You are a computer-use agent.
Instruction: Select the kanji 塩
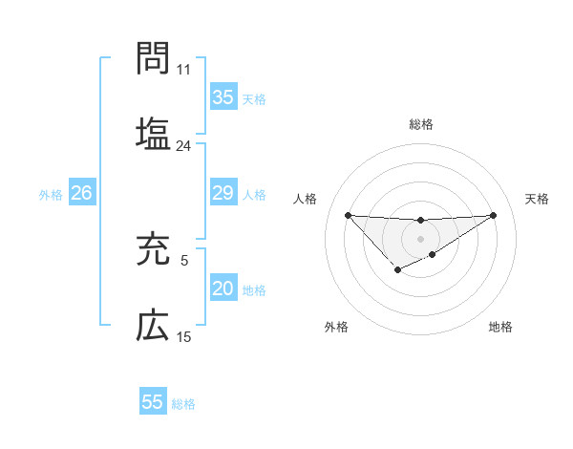(x=153, y=131)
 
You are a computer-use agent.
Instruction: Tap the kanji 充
(x=153, y=249)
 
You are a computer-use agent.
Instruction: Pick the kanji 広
(x=153, y=326)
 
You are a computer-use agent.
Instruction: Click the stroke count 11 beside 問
(x=183, y=70)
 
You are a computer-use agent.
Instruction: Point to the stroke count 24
(x=183, y=146)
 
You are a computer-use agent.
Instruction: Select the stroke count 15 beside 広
(x=183, y=337)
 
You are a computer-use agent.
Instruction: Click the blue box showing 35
(x=223, y=97)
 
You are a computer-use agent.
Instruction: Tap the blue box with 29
(x=223, y=193)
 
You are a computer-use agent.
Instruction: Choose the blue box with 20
(x=223, y=289)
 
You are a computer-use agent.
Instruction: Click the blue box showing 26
(x=81, y=193)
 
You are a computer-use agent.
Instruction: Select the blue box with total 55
(x=153, y=402)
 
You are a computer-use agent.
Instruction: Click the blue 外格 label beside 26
(x=51, y=194)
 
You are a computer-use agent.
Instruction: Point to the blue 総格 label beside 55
(x=183, y=403)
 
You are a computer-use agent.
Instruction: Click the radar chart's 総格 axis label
(x=420, y=124)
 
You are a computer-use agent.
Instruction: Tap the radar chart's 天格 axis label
(x=537, y=199)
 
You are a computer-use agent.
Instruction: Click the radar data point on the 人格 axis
(x=348, y=214)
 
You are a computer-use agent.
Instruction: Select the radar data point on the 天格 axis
(x=494, y=214)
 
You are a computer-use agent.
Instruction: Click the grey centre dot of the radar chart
(x=420, y=238)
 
